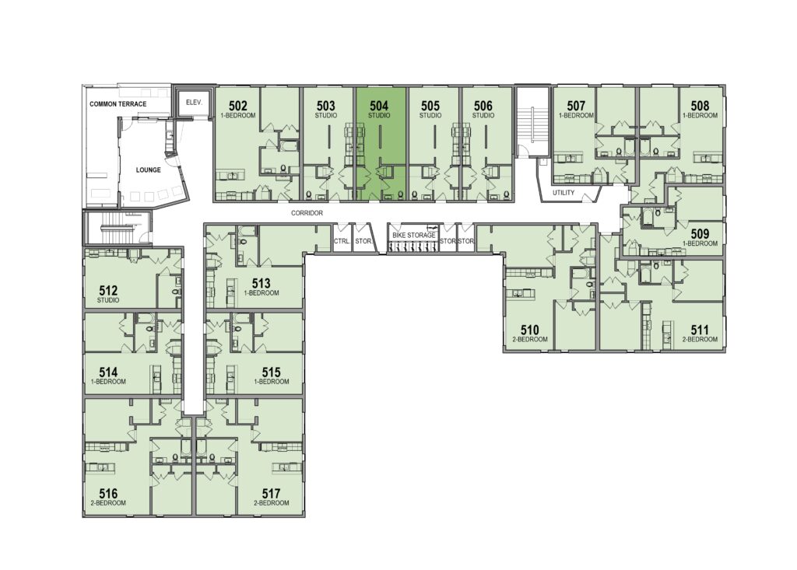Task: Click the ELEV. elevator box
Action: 194,103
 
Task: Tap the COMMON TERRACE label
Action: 118,103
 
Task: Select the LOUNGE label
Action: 149,170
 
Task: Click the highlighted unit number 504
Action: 379,106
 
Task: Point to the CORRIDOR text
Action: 307,213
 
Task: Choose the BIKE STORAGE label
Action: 414,235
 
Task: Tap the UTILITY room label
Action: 564,193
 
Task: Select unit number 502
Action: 238,106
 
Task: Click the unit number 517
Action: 272,493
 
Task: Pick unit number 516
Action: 108,493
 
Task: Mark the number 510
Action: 529,330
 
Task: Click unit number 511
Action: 700,330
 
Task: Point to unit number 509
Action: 700,234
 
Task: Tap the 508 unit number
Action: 700,106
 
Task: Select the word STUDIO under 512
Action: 108,300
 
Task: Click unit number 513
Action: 262,284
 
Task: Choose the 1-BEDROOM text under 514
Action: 108,382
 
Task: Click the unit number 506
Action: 483,106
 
